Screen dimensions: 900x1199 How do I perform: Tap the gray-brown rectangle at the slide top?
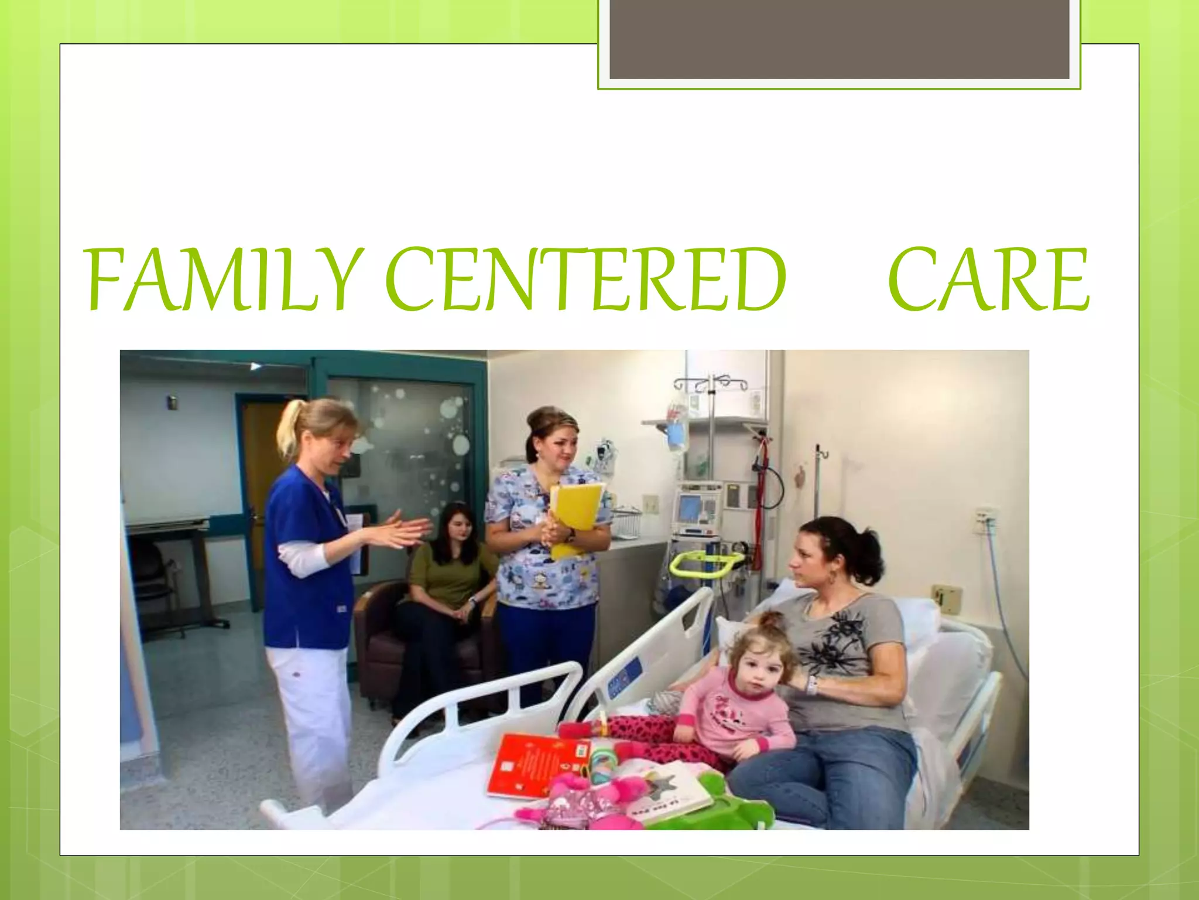(839, 39)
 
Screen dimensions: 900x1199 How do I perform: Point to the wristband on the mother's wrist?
(811, 684)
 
